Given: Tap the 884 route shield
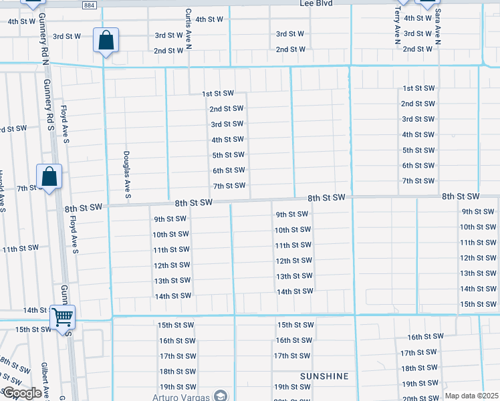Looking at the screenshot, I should pyautogui.click(x=90, y=5).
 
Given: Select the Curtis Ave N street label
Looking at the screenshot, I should pyautogui.click(x=189, y=29).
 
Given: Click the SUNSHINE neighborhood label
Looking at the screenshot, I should pyautogui.click(x=324, y=376).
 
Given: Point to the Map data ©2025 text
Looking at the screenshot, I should pyautogui.click(x=471, y=396).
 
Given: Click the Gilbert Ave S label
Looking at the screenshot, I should pyautogui.click(x=44, y=382).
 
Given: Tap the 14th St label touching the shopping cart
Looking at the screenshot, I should pyautogui.click(x=34, y=310).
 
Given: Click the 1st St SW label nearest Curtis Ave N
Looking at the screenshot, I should pyautogui.click(x=219, y=94).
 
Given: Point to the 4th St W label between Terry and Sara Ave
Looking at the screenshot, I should pyautogui.click(x=417, y=18).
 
